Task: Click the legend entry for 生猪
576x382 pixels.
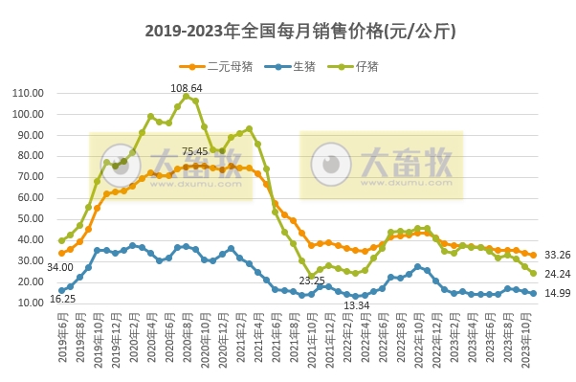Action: [296, 66]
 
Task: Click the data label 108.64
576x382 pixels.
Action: [187, 87]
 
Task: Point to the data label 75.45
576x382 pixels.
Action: [195, 151]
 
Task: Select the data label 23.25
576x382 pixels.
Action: [312, 280]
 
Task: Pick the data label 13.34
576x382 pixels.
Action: [357, 305]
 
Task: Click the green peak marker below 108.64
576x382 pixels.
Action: [187, 96]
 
